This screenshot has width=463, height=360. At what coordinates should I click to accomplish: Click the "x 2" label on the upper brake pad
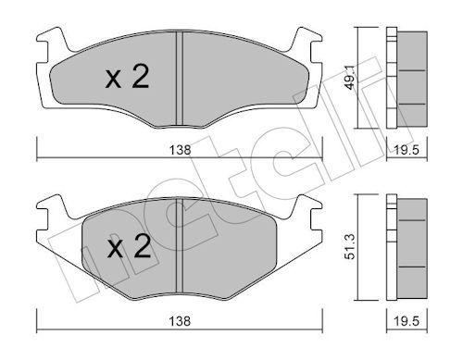pyautogui.click(x=127, y=77)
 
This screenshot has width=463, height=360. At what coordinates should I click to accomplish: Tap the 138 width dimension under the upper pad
pyautogui.click(x=181, y=150)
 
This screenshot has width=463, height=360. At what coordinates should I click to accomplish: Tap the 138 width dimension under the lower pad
pyautogui.click(x=181, y=321)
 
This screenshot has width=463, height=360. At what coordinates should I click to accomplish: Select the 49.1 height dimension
pyautogui.click(x=349, y=79)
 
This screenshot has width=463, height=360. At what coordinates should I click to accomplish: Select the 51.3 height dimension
pyautogui.click(x=351, y=247)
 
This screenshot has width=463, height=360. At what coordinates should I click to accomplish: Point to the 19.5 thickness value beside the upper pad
pyautogui.click(x=407, y=150)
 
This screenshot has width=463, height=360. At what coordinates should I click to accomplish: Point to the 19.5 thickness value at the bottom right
pyautogui.click(x=407, y=321)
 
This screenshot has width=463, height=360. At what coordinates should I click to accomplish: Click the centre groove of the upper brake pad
pyautogui.click(x=180, y=79)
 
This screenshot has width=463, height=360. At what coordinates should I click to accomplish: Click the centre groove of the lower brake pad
pyautogui.click(x=180, y=245)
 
